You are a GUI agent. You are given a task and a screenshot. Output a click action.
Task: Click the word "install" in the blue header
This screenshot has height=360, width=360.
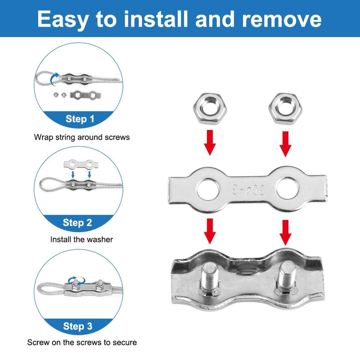click(156, 19)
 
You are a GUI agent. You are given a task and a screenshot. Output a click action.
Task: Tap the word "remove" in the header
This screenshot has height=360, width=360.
click(282, 19)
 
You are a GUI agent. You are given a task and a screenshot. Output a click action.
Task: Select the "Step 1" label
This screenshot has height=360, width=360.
click(80, 119)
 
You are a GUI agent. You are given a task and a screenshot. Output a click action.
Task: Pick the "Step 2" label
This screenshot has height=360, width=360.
click(77, 222)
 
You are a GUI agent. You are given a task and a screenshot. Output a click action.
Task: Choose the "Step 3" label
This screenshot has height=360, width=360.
click(77, 326)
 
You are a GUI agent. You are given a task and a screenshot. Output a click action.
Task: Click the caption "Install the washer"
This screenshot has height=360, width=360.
click(81, 239)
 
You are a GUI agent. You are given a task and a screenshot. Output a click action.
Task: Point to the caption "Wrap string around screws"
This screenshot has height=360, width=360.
click(82, 137)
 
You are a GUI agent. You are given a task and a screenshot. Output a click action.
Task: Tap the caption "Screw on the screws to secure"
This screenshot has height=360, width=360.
click(82, 342)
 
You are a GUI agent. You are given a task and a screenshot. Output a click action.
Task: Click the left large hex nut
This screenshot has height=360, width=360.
click(210, 108)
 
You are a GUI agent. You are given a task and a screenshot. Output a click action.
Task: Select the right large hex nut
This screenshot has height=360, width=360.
click(285, 108)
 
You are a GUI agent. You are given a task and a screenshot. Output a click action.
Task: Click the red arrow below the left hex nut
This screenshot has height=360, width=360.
click(210, 143)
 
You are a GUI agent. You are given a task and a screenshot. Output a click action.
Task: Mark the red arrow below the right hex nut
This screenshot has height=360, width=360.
click(285, 144)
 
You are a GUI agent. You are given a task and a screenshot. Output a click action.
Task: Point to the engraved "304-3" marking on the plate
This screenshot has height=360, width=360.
click(248, 189)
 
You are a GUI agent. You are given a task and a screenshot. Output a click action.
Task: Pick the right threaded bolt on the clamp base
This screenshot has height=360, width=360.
click(286, 277)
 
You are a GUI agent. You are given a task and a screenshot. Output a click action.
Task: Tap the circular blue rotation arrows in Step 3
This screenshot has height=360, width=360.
click(76, 280)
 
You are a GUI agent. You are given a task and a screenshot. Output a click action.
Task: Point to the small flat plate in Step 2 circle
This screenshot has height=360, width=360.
click(81, 164)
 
